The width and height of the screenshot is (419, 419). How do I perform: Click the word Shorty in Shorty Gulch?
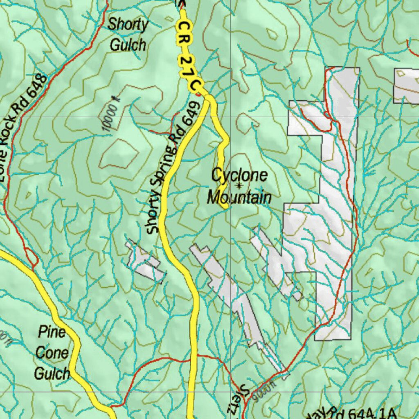128,25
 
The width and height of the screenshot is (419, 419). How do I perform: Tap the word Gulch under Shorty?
128,45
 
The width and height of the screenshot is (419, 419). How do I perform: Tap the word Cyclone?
239,175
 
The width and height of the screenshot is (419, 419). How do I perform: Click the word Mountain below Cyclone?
239,198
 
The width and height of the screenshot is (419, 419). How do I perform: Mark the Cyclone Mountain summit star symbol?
239,186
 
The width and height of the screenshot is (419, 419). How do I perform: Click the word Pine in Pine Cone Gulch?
52,332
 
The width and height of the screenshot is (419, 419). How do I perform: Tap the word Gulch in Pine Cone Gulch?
52,373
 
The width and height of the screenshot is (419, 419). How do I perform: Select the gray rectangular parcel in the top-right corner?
406,86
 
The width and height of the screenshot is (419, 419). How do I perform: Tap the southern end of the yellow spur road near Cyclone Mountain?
225,207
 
